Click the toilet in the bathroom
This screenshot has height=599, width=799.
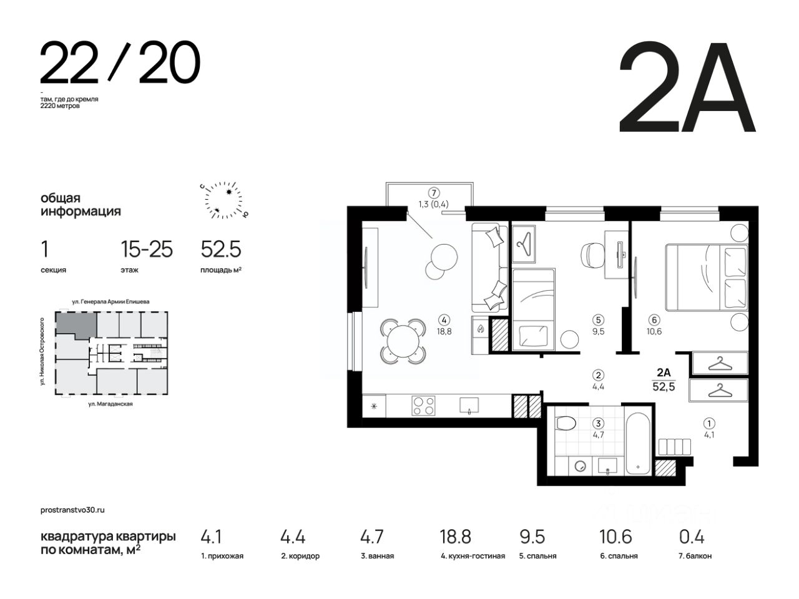[x=566, y=423]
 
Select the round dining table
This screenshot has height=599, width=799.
[x=403, y=341]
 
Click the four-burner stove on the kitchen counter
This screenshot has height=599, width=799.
[x=423, y=406]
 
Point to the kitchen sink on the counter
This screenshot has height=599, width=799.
[x=469, y=405]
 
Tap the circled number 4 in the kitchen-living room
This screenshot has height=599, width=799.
[x=444, y=320]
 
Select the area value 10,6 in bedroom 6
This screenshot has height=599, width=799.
[x=654, y=331]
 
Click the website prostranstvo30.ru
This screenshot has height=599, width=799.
[x=72, y=510]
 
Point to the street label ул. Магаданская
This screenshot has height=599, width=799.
[x=110, y=404]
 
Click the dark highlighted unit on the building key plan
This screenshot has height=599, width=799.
[x=76, y=324]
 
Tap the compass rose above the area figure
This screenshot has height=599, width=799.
[x=223, y=200]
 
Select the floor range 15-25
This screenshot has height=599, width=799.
[x=147, y=250]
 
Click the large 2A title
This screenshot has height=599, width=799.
[x=687, y=87]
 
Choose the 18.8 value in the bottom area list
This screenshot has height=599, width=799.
[x=455, y=537]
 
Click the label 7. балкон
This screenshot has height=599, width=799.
[x=695, y=556]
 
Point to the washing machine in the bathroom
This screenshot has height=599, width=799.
[x=580, y=466]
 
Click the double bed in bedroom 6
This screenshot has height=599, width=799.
[x=706, y=278]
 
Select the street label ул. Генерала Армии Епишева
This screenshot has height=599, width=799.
[x=110, y=301]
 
